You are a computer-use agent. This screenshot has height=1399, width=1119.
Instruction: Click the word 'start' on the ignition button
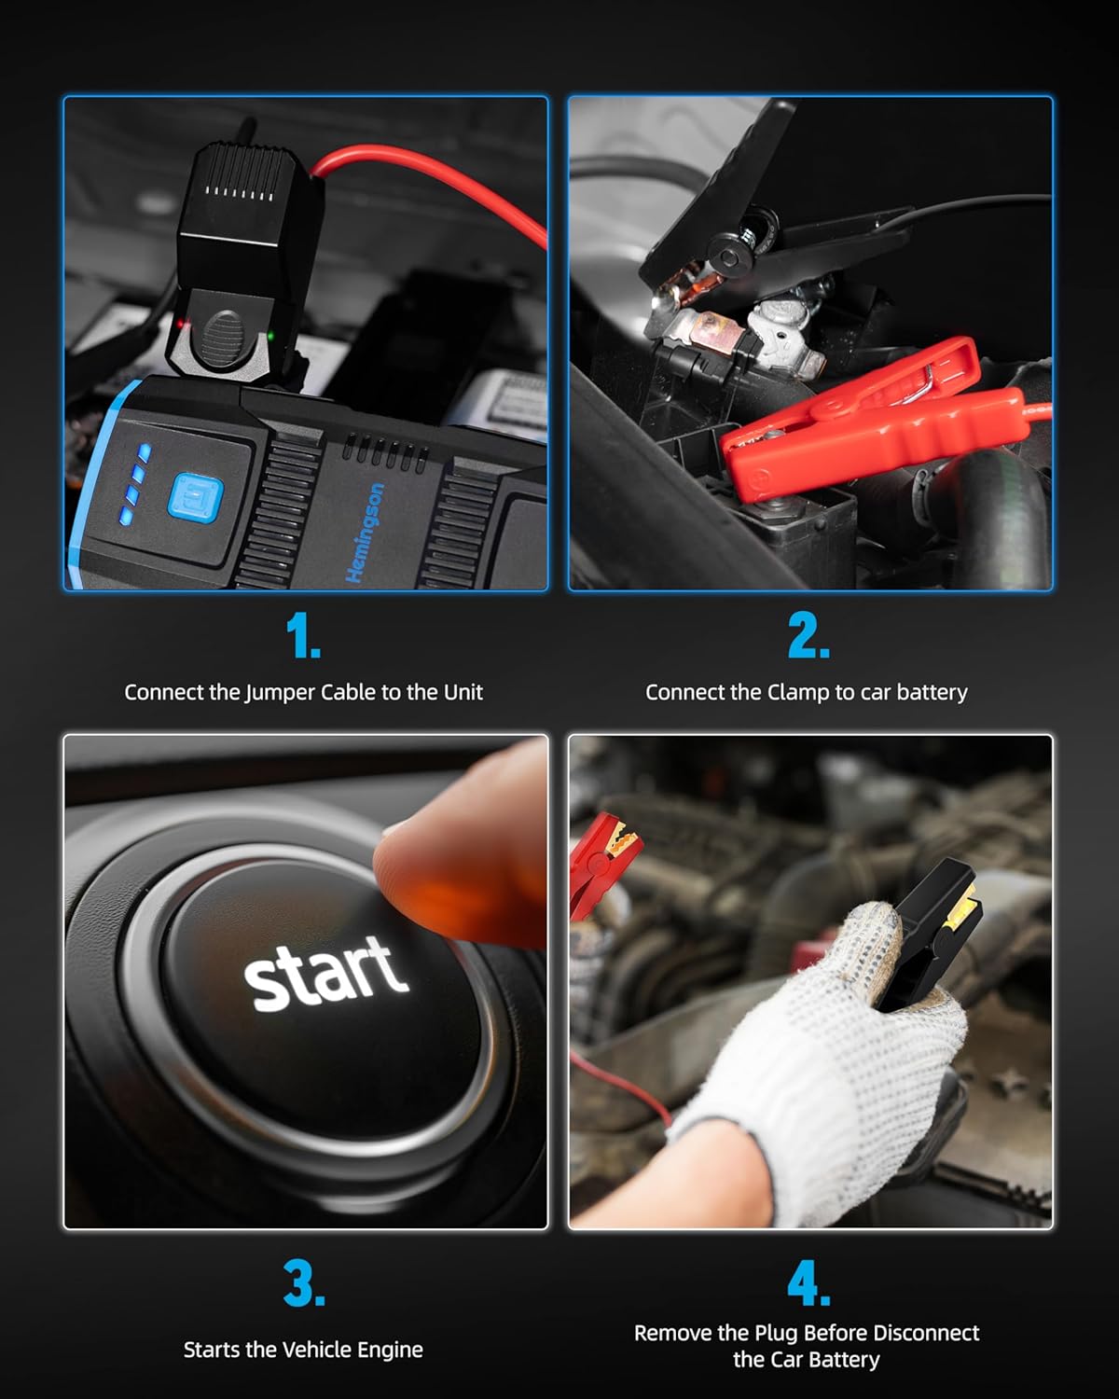325,974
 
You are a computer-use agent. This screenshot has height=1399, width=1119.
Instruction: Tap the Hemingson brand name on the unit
366,533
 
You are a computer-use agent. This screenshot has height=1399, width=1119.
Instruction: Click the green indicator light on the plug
270,336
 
